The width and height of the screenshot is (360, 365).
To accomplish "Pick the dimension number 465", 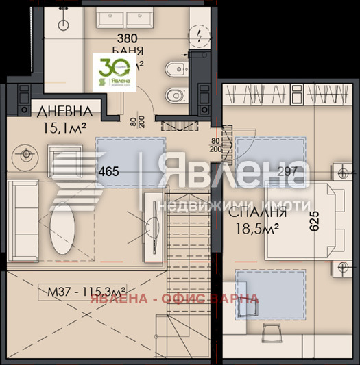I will (x=110, y=172).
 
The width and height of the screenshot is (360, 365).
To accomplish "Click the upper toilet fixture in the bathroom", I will (x=172, y=68).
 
